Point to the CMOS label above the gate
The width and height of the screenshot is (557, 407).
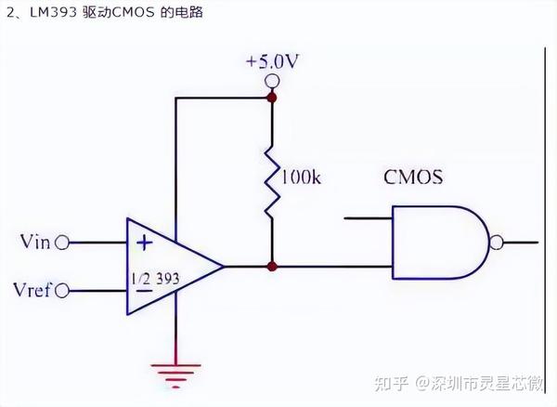(x=413, y=177)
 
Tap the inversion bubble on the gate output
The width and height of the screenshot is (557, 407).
(x=497, y=243)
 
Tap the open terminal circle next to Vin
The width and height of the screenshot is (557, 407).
(x=63, y=243)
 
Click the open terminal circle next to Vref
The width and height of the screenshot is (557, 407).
(x=63, y=293)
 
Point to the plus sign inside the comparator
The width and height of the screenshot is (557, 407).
(x=144, y=243)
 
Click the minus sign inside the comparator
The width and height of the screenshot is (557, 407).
(x=144, y=291)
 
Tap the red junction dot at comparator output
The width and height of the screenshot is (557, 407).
(x=272, y=267)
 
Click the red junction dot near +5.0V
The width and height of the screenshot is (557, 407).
(x=272, y=96)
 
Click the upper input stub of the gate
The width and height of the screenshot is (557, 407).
(x=368, y=219)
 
